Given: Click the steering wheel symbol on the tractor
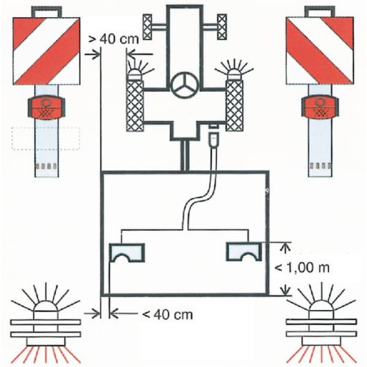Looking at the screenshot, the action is (186, 86).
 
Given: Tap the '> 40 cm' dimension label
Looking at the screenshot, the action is (114, 40).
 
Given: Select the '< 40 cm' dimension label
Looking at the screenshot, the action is (167, 314).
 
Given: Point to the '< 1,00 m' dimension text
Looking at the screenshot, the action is (302, 268).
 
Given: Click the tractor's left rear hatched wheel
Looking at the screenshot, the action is (135, 106).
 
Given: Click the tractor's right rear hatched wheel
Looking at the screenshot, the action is (235, 106).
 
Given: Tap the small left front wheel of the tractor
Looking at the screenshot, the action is (148, 27).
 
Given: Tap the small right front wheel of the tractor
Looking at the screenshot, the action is (222, 27).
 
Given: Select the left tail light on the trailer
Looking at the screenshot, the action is (127, 253).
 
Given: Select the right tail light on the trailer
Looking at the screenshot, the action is (244, 252).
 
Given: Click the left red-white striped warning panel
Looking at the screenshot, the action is (46, 51).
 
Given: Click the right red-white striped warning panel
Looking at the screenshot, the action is (320, 50).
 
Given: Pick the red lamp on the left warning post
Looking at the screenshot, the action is (46, 108).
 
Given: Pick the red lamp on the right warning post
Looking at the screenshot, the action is (320, 107).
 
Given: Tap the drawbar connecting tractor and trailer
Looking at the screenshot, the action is (184, 156).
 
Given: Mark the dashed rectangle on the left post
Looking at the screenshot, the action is (45, 138).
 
